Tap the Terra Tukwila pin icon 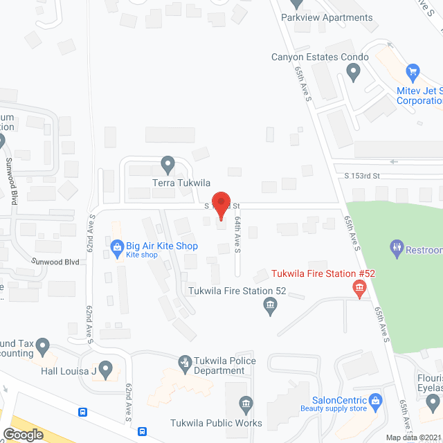(167, 165)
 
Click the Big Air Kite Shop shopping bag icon (117, 245)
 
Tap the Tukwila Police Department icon (185, 361)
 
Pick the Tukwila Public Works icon (244, 404)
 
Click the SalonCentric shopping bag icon (375, 399)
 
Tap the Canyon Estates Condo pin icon (354, 71)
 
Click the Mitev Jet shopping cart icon (413, 71)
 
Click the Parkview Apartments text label (327, 18)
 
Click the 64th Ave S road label (237, 229)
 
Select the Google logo (23, 434)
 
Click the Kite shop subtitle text (142, 255)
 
